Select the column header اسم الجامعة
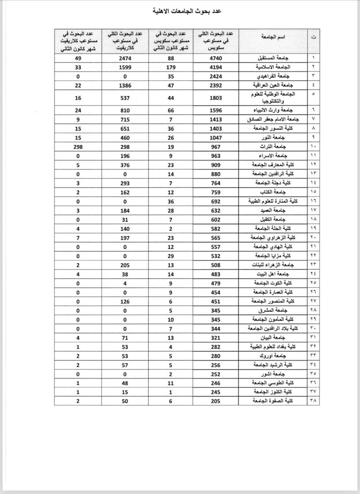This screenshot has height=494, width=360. click(273, 37)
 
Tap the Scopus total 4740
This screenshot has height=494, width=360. click(216, 58)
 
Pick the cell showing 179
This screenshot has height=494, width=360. click(170, 67)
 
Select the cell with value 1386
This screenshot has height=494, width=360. click(124, 85)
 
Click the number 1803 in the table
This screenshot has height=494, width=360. click(216, 98)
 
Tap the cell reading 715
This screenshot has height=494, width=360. click(124, 120)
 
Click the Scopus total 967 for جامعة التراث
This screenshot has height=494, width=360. click(216, 147)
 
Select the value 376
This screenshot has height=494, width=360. click(124, 165)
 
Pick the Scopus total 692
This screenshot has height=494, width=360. click(216, 201)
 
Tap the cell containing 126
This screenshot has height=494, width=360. click(124, 301)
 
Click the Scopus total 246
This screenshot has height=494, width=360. click(216, 383)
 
